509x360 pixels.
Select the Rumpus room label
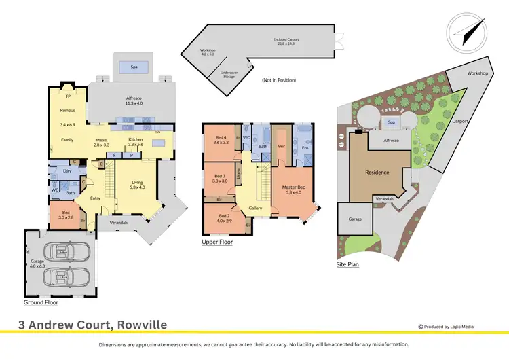tap(67, 110)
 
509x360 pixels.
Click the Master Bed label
tap(294, 189)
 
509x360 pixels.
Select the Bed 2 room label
tap(223, 217)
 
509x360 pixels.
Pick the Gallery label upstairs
tap(255, 208)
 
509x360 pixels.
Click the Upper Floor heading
tap(218, 242)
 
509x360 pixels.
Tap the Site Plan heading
tap(349, 264)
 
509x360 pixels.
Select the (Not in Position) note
tap(279, 79)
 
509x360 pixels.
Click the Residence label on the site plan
tap(377, 173)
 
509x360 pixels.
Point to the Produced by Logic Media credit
tap(446, 327)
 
